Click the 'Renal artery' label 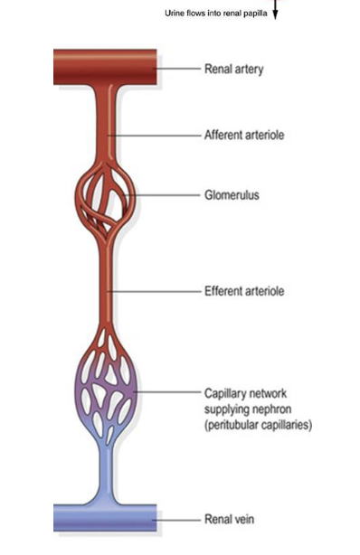pos(233,69)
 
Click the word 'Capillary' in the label pos(223,393)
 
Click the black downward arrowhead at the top pos(276,14)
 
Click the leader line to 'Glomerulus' pos(167,193)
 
